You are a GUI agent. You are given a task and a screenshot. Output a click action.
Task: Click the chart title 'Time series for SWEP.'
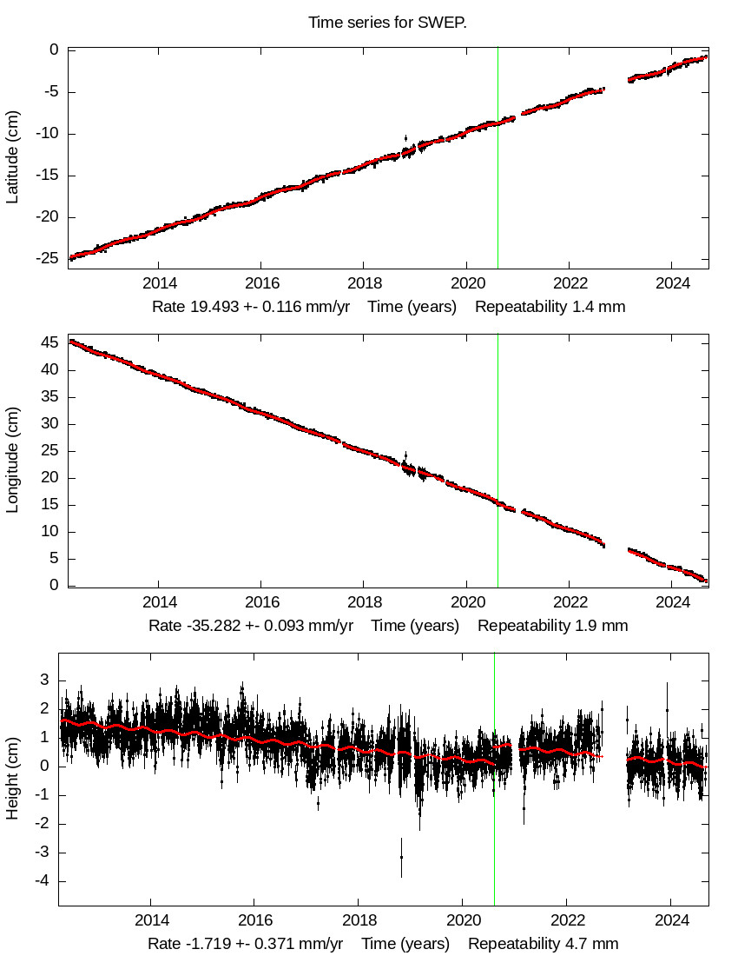[387, 22]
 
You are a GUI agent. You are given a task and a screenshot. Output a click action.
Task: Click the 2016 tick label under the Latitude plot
[260, 283]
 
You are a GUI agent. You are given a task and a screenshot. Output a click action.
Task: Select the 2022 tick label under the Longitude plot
[570, 601]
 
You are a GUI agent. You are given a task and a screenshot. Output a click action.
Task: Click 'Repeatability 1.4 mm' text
[550, 307]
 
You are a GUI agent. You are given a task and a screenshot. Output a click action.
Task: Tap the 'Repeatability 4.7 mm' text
[544, 944]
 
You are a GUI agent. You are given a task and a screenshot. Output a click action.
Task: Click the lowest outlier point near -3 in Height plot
[401, 857]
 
